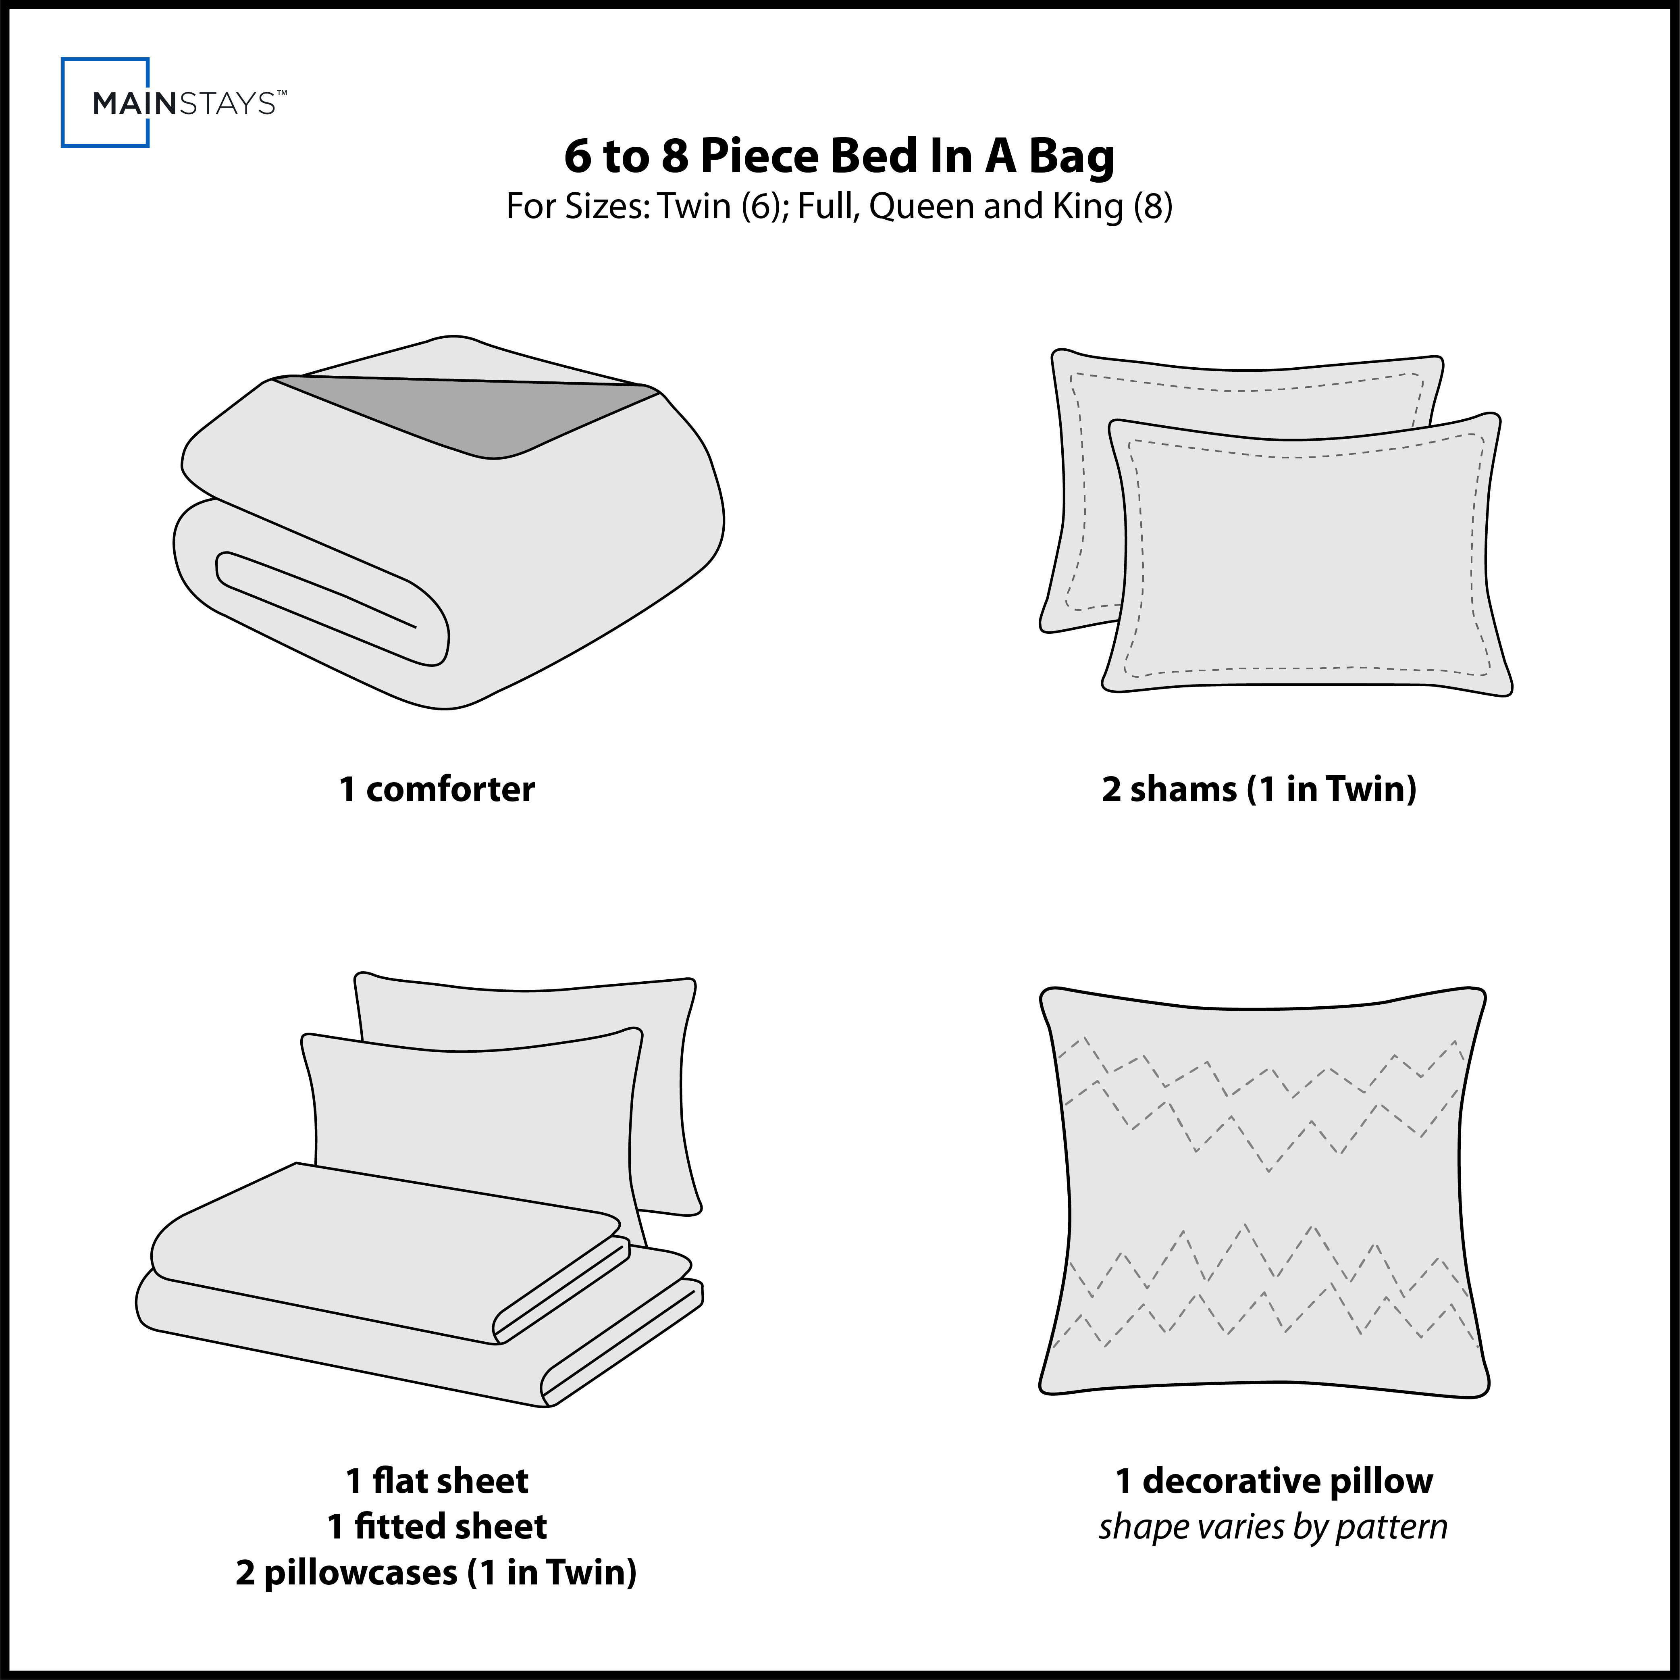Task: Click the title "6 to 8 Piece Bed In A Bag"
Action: click(839, 156)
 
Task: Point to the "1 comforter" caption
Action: click(437, 789)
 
